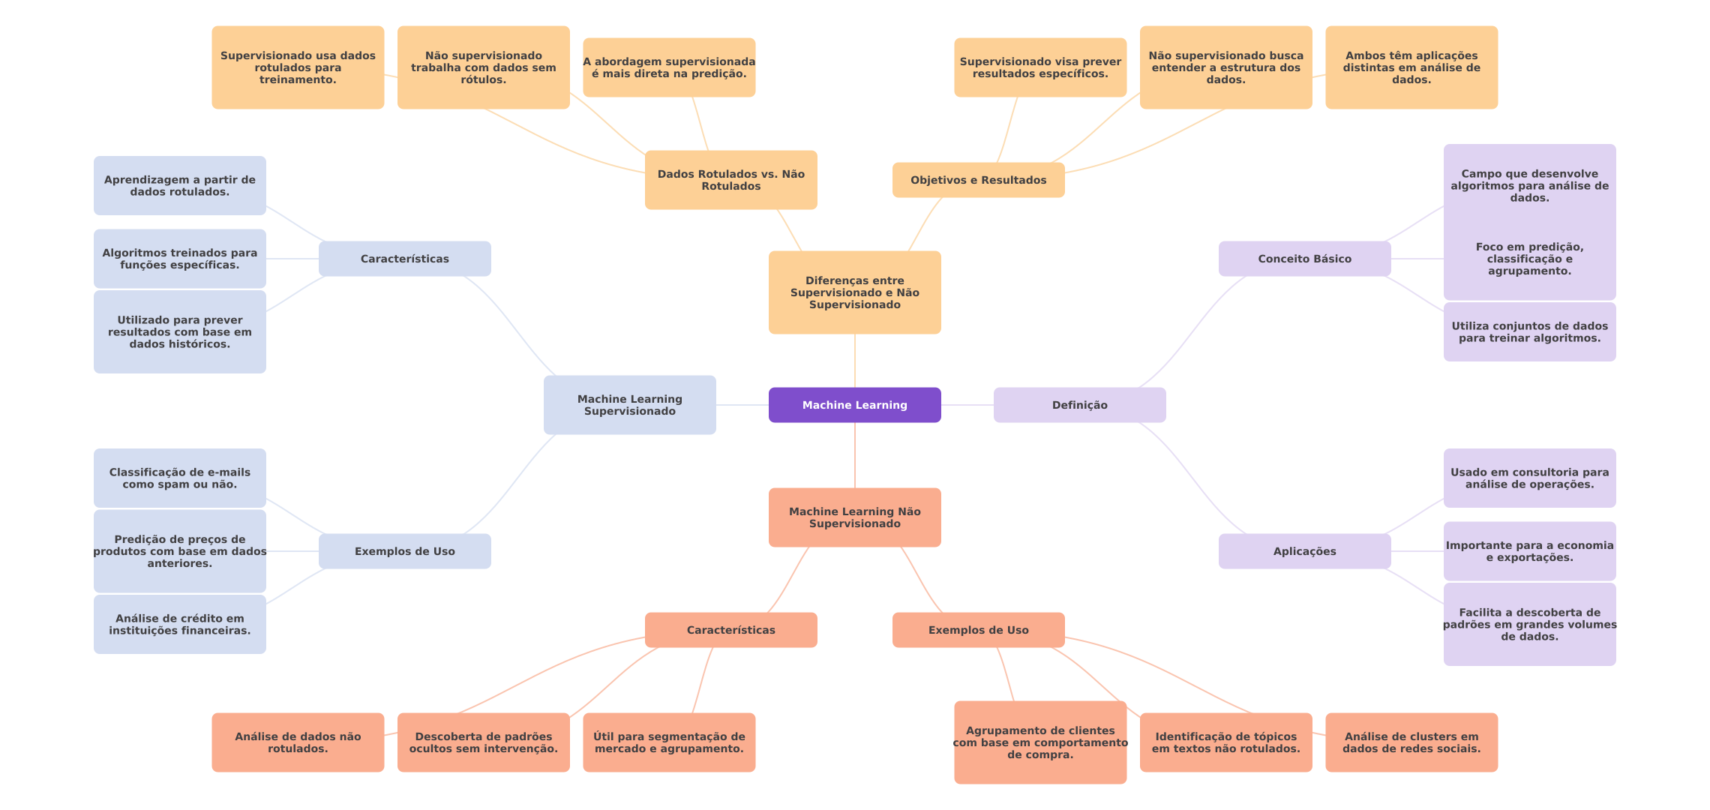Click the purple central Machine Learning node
coord(854,405)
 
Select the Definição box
coord(1079,405)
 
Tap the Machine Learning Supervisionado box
coord(629,405)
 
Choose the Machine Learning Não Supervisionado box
coord(854,517)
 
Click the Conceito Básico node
coord(1304,259)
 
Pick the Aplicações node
coord(1304,551)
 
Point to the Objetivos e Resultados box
coord(978,180)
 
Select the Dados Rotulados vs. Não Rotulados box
coord(730,180)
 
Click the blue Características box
coord(404,259)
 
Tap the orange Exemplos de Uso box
coord(978,630)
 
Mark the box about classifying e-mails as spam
coord(179,478)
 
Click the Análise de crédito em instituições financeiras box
coord(179,624)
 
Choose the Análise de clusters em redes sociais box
coord(1411,742)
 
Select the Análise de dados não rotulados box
coord(298,742)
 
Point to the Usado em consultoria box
coord(1529,478)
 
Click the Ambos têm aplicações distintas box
coord(1411,67)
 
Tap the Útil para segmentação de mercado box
coord(669,742)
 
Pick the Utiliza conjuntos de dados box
coord(1529,331)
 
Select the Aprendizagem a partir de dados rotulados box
coord(179,186)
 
